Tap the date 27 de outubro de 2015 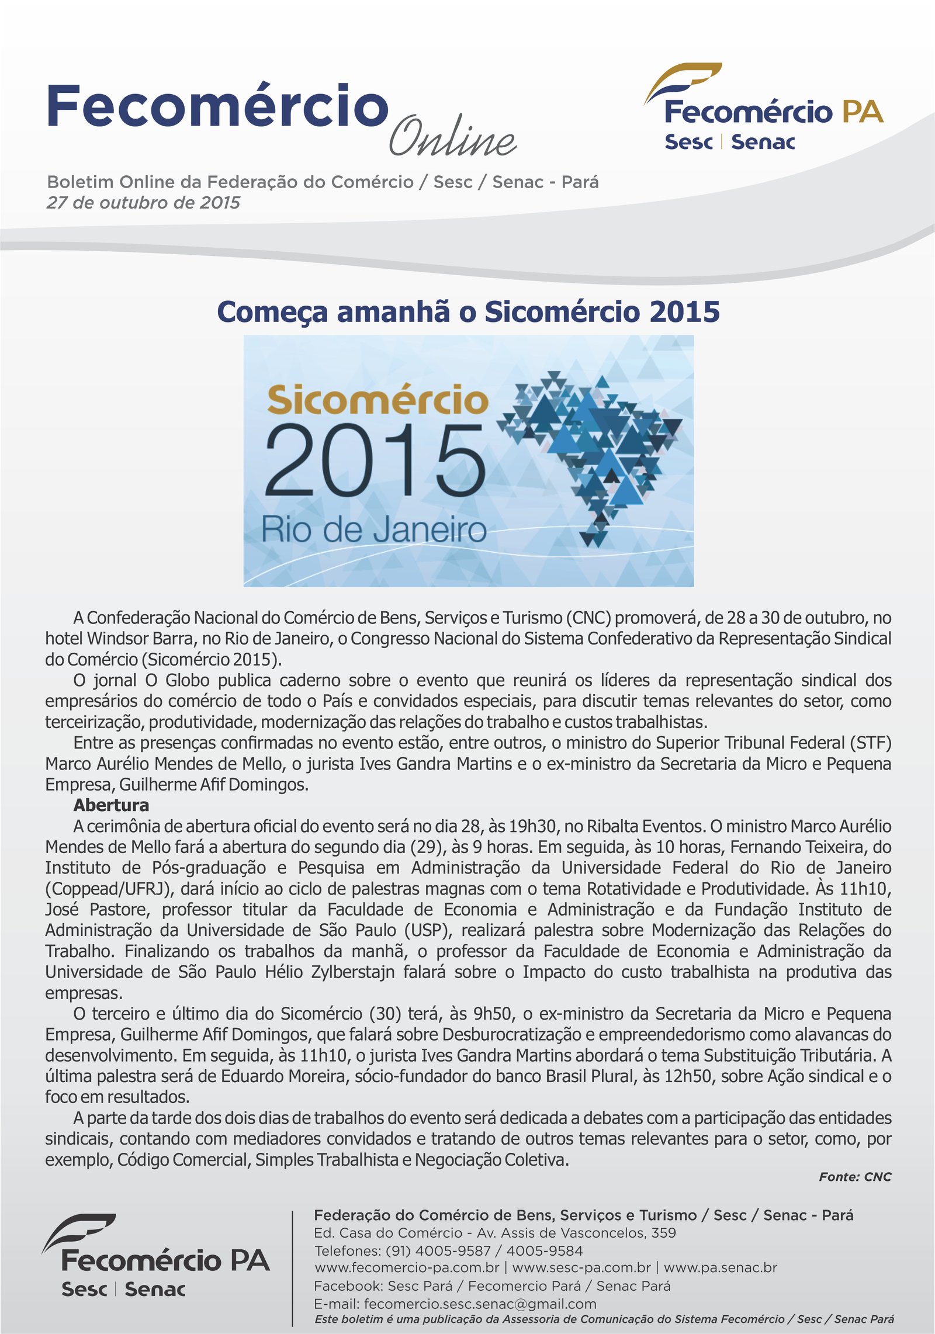point(143,203)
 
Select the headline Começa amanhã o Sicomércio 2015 point(468,311)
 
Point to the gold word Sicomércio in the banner point(378,400)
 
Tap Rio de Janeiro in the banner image point(373,529)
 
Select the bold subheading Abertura point(111,805)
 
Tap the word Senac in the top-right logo point(763,142)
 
